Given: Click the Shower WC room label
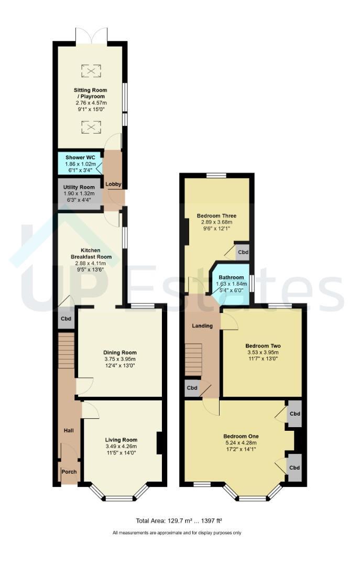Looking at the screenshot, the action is tap(80, 158).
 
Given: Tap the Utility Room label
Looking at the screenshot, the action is tap(79, 187).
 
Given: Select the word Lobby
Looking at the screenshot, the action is tap(113, 184).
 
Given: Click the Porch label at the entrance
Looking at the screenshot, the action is tap(69, 472).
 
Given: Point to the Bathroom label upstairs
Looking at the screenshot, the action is tap(231, 277).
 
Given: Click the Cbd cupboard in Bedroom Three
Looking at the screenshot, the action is tap(243, 252).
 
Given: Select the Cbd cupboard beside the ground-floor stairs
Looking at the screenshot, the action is tap(66, 319).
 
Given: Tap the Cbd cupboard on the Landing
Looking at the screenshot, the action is tap(192, 388).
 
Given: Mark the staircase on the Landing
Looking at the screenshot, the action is tap(193, 360).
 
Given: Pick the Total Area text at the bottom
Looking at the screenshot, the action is tap(179, 520).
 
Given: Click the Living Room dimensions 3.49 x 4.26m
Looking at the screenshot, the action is tap(121, 446).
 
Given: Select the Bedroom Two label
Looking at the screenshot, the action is tap(263, 346).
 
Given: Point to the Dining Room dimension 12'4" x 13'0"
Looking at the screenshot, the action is tap(120, 366).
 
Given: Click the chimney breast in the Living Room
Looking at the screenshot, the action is tap(159, 443).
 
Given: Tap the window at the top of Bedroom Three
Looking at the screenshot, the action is tap(216, 176).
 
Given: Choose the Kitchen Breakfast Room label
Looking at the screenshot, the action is tap(91, 254).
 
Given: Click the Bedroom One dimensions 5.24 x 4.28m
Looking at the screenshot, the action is tap(240, 442).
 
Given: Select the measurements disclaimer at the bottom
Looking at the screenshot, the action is tap(177, 532).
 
